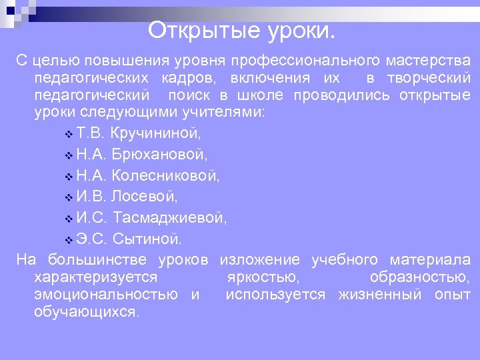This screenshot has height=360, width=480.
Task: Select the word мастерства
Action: click(x=428, y=61)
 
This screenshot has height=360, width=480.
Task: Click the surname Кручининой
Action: click(x=156, y=133)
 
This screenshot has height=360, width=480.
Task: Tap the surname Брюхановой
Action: click(x=159, y=155)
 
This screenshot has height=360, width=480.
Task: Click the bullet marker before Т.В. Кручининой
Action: click(x=70, y=135)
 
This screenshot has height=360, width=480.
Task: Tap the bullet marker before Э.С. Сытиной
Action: click(x=70, y=239)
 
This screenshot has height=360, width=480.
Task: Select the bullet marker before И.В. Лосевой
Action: click(x=70, y=198)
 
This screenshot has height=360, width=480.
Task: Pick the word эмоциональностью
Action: click(x=105, y=295)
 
